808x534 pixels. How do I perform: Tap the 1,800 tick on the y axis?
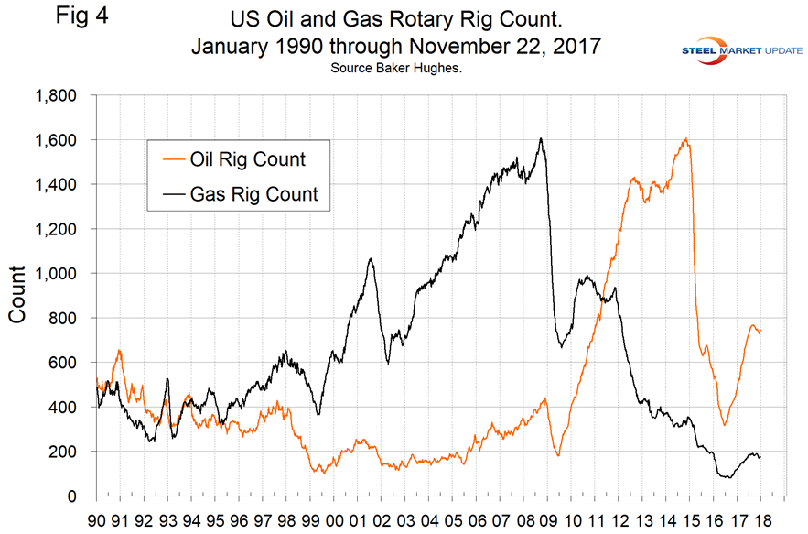point(56,95)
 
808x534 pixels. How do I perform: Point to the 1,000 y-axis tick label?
point(56,274)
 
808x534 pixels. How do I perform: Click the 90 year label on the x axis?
point(95,518)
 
